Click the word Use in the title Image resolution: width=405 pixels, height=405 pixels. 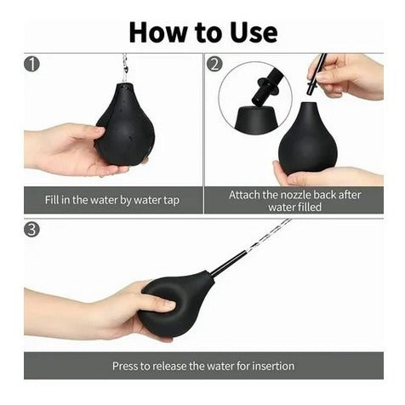pyautogui.click(x=254, y=32)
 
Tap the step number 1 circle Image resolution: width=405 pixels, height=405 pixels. pyautogui.click(x=31, y=65)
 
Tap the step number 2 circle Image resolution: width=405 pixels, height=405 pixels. pyautogui.click(x=214, y=64)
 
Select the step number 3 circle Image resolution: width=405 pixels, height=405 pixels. pyautogui.click(x=31, y=230)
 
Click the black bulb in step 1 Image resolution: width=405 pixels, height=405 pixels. pyautogui.click(x=125, y=125)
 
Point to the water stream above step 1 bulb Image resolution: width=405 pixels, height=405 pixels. pyautogui.click(x=124, y=68)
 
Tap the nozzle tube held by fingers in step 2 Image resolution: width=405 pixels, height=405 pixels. pyautogui.click(x=316, y=74)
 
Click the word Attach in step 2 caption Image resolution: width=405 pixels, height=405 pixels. pyautogui.click(x=244, y=195)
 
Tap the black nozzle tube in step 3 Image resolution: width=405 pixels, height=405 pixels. pyautogui.click(x=229, y=262)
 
